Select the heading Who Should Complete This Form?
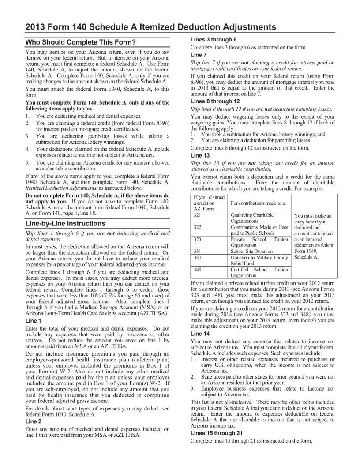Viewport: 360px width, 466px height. coord(80,42)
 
